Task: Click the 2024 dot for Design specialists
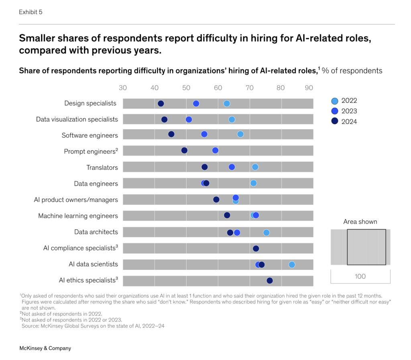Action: [161, 103]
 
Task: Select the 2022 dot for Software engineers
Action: [240, 134]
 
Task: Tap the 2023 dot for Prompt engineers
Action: [215, 150]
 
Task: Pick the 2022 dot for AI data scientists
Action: [292, 265]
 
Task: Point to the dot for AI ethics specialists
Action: [270, 281]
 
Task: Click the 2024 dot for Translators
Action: [205, 167]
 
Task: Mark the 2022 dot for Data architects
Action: [266, 233]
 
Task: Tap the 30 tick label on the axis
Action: [123, 88]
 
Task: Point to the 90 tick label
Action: [309, 88]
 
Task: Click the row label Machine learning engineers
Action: [78, 216]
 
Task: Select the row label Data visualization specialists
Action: [77, 119]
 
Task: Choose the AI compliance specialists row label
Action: [80, 248]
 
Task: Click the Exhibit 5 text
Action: [31, 12]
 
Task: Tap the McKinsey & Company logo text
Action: [45, 348]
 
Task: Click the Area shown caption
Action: [360, 222]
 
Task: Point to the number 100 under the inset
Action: [360, 276]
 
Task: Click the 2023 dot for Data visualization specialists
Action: [189, 119]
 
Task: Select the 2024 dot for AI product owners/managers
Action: [216, 199]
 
